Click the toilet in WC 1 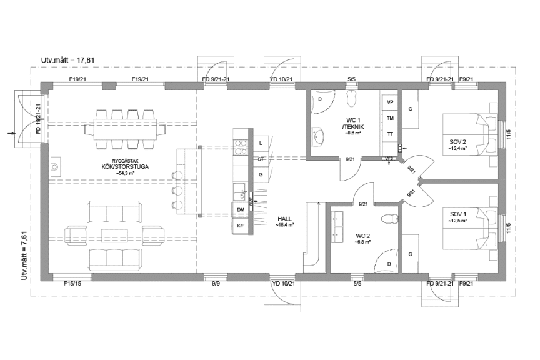coord(352,97)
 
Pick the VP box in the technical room coord(390,102)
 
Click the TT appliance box coord(390,134)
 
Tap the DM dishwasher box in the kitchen coord(241,210)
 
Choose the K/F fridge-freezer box coord(241,226)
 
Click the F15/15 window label coord(73,284)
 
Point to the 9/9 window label coord(216,284)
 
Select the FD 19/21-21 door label coord(38,119)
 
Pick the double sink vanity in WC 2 coord(340,226)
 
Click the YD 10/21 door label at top coord(281,79)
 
